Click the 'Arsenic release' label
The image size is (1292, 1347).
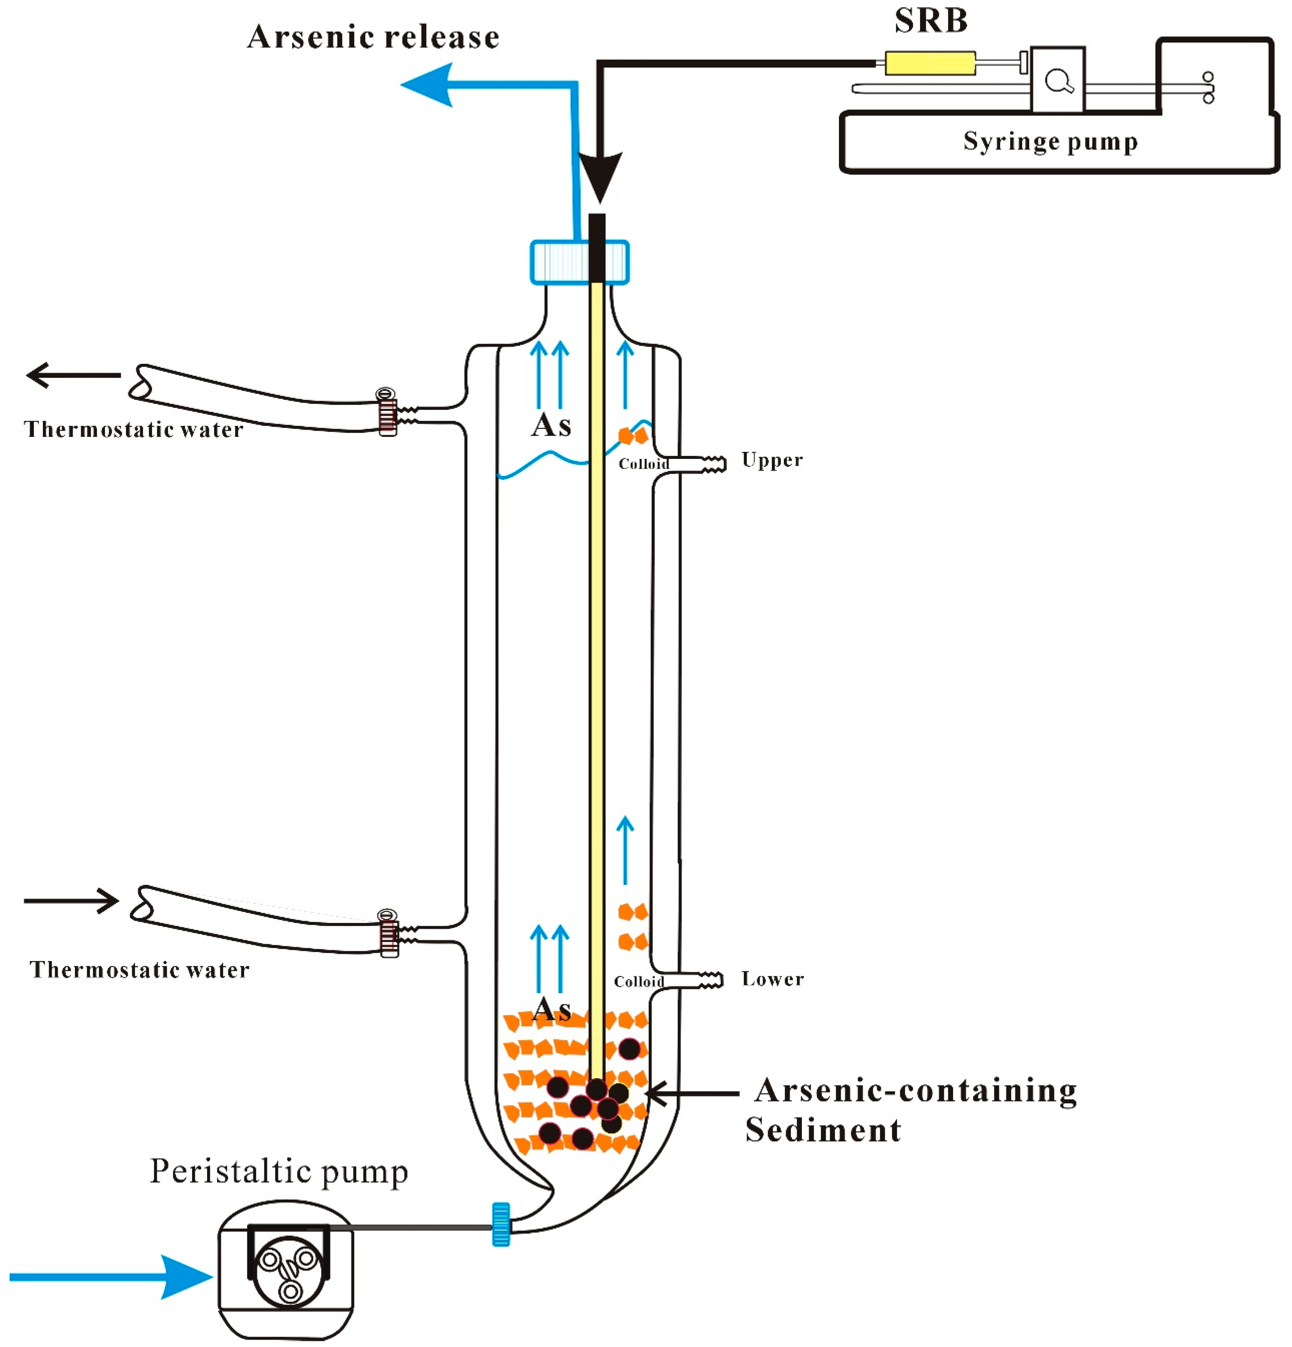pyautogui.click(x=373, y=37)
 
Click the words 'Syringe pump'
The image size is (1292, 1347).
pyautogui.click(x=1050, y=142)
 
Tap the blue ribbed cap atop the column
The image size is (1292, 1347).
pyautogui.click(x=579, y=262)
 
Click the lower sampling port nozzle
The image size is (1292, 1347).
pyautogui.click(x=710, y=980)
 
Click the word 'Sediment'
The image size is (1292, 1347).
pyautogui.click(x=823, y=1130)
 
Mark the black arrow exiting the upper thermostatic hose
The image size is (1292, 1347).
pyautogui.click(x=73, y=375)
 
